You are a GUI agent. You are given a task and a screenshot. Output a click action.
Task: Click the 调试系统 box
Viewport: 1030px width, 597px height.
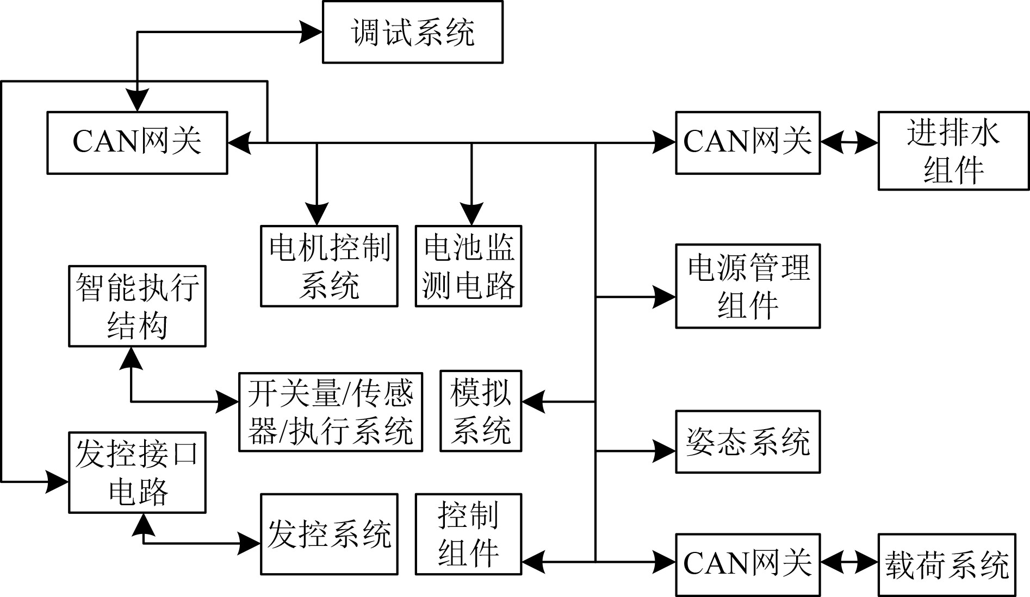pyautogui.click(x=412, y=32)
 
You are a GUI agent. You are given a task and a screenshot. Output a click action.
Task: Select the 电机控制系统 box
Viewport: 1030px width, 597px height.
pyautogui.click(x=329, y=266)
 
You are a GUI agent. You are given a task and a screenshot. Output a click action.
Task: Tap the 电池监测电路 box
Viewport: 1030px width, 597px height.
pyautogui.click(x=468, y=266)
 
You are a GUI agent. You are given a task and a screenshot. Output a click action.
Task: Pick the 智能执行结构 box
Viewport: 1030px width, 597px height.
pyautogui.click(x=137, y=306)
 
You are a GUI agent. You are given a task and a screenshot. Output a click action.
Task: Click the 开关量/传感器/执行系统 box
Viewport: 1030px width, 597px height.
pyautogui.click(x=331, y=412)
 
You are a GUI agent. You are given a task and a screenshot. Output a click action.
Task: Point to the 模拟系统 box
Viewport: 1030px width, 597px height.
pyautogui.click(x=481, y=411)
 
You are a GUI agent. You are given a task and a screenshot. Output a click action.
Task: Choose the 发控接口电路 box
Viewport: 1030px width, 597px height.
pyautogui.click(x=137, y=473)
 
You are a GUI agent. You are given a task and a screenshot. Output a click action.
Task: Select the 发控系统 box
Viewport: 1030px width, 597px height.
pyautogui.click(x=329, y=534)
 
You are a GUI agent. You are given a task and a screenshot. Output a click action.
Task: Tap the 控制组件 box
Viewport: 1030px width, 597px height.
pyautogui.click(x=468, y=534)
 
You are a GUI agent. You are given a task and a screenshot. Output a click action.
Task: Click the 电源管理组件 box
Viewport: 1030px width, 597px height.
pyautogui.click(x=748, y=286)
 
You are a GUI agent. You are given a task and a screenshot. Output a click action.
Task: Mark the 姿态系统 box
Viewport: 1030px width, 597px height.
pyautogui.click(x=748, y=442)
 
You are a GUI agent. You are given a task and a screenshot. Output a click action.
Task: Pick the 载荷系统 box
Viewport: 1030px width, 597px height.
pyautogui.click(x=947, y=565)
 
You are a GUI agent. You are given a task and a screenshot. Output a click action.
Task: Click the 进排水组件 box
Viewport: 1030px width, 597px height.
pyautogui.click(x=953, y=151)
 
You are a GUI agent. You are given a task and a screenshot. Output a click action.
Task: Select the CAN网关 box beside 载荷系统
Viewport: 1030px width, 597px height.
pyautogui.click(x=748, y=565)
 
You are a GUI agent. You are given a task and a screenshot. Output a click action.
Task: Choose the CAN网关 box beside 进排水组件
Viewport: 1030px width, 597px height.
pyautogui.click(x=748, y=143)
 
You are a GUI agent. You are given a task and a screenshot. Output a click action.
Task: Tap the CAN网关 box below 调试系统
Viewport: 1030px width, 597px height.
pyautogui.click(x=137, y=143)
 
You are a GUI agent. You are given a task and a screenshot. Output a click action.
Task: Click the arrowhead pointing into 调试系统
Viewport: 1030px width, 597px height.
pyautogui.click(x=312, y=32)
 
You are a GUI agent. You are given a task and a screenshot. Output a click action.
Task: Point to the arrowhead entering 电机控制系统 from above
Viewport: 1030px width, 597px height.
pyautogui.click(x=317, y=215)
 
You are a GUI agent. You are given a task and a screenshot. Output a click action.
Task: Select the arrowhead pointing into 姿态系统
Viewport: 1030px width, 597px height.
pyautogui.click(x=665, y=451)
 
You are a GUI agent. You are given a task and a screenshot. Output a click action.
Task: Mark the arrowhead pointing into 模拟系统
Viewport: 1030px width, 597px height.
pyautogui.click(x=533, y=402)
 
